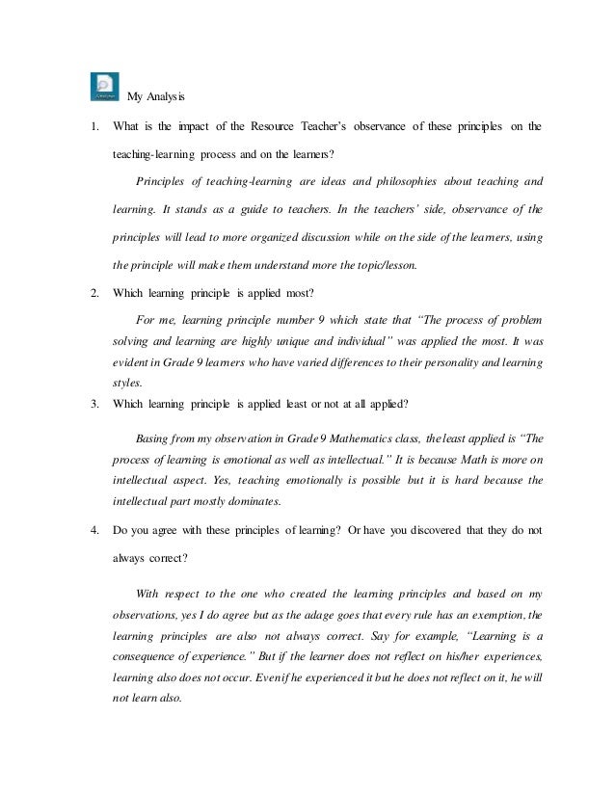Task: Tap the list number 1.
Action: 94,126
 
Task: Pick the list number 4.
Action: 94,528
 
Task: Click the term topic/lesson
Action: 385,262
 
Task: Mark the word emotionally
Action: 362,479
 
